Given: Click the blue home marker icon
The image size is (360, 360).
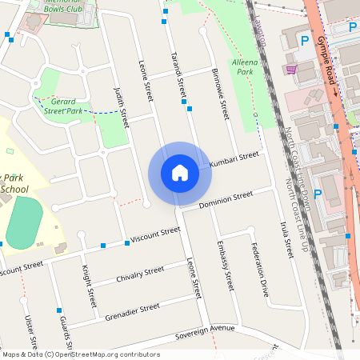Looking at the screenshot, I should click(x=180, y=173).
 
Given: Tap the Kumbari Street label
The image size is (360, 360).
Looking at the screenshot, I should click(x=234, y=159).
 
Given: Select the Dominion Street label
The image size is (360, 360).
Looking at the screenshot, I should click(x=226, y=199).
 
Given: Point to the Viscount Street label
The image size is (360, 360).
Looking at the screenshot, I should click(x=155, y=234).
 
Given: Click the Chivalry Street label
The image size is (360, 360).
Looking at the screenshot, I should click(x=140, y=275).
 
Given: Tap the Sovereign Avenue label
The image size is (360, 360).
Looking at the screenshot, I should click(x=206, y=329).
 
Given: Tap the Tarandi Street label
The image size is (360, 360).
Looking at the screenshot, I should click(x=178, y=80).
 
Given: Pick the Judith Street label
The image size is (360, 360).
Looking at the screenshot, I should click(x=122, y=107).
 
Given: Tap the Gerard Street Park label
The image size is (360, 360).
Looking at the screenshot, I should click(x=66, y=106).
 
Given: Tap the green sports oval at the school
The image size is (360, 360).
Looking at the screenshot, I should click(x=25, y=224).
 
